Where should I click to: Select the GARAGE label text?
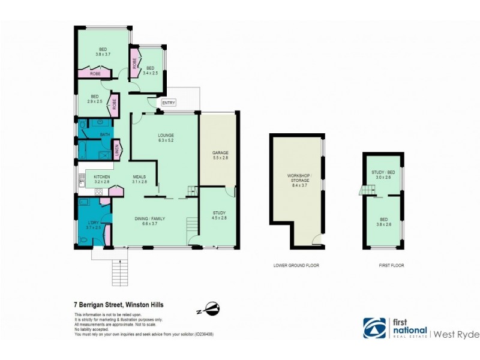pyautogui.click(x=220, y=155)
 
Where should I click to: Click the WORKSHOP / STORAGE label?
pyautogui.click(x=299, y=178)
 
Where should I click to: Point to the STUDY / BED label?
pyautogui.click(x=382, y=175)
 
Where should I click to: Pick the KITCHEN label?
pyautogui.click(x=101, y=179)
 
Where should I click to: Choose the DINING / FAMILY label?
pyautogui.click(x=149, y=221)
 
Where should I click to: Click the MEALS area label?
pyautogui.click(x=139, y=179)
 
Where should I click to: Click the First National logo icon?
pyautogui.click(x=374, y=328)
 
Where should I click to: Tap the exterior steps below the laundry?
pyautogui.click(x=120, y=273)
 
